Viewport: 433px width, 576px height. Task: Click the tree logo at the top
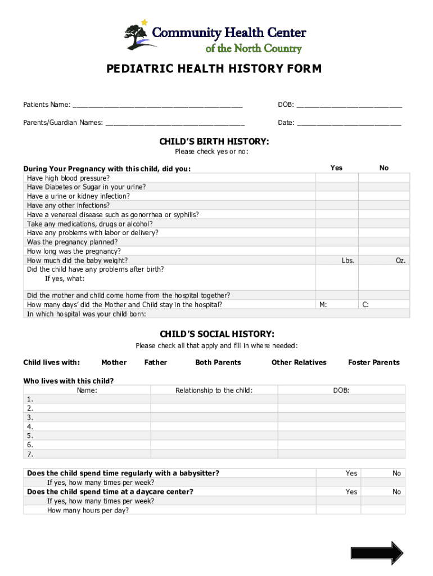tap(137, 36)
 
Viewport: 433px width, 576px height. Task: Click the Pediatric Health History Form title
tap(214, 69)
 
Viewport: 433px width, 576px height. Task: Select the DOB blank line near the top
tap(349, 105)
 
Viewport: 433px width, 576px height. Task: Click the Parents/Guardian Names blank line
tap(174, 123)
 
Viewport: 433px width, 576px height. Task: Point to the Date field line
tap(349, 123)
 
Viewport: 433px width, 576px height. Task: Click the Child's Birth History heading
tap(214, 142)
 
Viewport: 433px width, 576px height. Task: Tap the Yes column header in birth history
tap(336, 168)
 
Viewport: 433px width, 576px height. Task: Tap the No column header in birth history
tap(384, 168)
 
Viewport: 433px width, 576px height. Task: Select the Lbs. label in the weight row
tap(348, 260)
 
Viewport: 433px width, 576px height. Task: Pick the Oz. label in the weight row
tap(400, 260)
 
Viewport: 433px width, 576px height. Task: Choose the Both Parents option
tap(218, 363)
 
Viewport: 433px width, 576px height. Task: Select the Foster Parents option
tap(373, 363)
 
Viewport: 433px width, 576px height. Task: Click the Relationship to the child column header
tap(214, 390)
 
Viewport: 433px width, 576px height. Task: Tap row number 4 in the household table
tap(30, 427)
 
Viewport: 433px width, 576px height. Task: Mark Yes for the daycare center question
tap(351, 492)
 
